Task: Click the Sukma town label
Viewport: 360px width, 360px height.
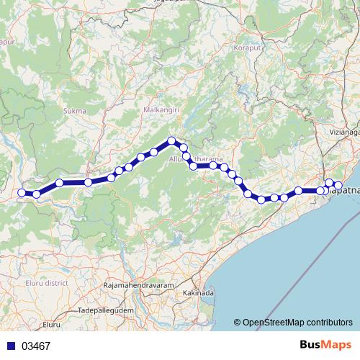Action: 75,111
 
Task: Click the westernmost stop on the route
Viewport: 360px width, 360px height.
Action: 22,192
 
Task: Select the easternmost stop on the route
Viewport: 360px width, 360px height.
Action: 338,186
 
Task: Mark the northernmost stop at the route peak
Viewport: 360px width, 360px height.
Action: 171,141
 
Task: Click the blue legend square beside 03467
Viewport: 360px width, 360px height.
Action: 9,346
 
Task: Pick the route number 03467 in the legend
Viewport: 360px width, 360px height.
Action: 36,346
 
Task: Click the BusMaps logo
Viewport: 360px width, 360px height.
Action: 324,346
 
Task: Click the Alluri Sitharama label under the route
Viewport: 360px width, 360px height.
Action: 196,159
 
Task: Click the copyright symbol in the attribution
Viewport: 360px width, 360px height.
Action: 238,323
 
